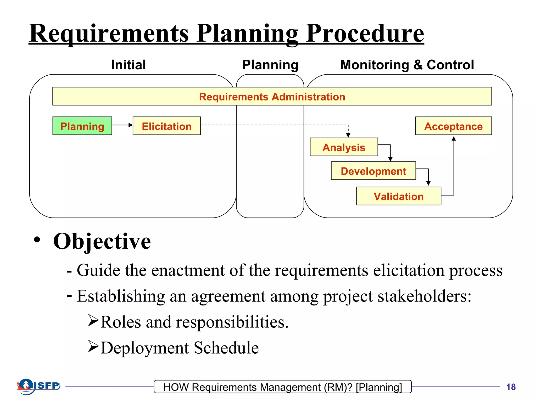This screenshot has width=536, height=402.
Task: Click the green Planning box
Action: click(x=82, y=126)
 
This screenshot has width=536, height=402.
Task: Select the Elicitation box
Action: click(x=167, y=126)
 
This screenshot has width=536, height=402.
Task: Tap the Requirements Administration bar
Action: click(x=272, y=96)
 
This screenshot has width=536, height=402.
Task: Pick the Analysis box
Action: click(x=344, y=147)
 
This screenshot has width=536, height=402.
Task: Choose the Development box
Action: click(x=373, y=171)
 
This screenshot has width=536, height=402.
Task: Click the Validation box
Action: click(x=399, y=196)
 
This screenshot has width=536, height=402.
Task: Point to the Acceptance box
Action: click(x=453, y=126)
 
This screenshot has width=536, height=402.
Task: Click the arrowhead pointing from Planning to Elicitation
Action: click(x=130, y=125)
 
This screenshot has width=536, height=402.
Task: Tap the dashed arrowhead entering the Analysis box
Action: click(x=348, y=135)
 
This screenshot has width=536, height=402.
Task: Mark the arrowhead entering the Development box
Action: click(x=390, y=159)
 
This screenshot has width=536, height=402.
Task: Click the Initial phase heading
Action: click(x=128, y=65)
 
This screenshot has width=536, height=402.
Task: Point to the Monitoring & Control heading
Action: click(x=407, y=65)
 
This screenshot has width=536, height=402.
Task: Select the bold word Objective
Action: click(x=102, y=241)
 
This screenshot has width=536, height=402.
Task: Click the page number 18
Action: click(x=511, y=387)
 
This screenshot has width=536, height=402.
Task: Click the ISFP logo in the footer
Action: click(x=39, y=386)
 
